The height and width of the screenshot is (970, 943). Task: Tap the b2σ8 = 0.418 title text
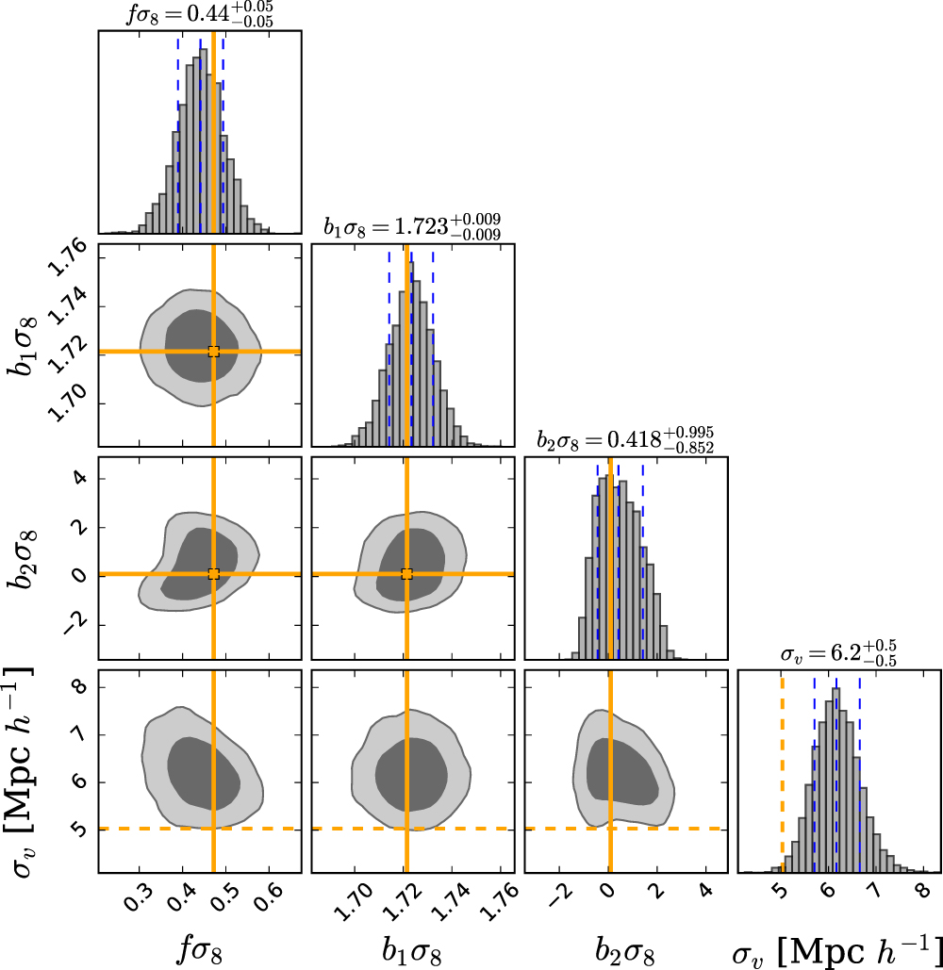[x=625, y=438]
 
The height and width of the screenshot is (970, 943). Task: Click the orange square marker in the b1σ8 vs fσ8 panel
[x=213, y=352]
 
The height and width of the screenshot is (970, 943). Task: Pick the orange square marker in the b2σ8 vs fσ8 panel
[x=213, y=574]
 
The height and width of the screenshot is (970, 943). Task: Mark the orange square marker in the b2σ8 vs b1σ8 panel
[x=407, y=574]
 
